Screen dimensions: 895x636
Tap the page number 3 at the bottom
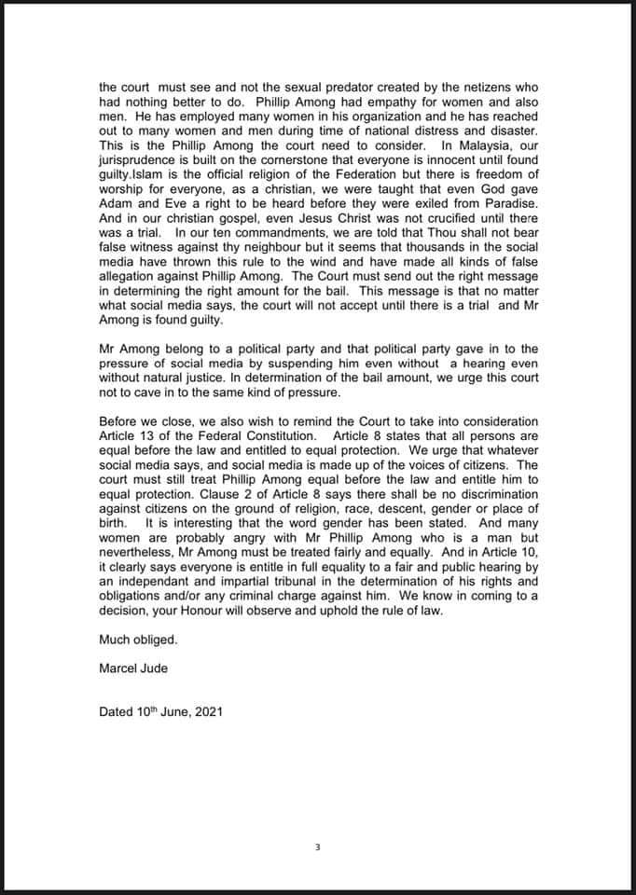point(318,847)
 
